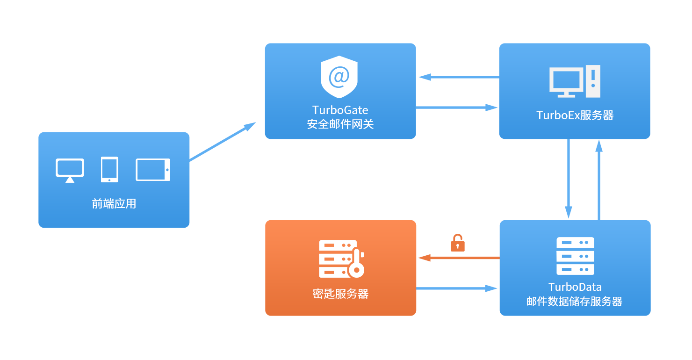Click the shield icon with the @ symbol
coord(339,76)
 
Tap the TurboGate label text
coord(340,110)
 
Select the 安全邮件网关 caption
coord(340,124)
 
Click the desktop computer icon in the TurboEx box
coord(575,81)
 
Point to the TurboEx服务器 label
coord(575,115)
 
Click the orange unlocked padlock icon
coord(457,243)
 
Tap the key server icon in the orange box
coord(341,259)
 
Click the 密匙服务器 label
coord(340,294)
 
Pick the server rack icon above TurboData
coord(575,256)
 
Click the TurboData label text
coord(575,287)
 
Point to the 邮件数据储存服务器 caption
coord(575,302)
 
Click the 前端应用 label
coord(114,204)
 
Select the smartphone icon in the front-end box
coord(109,169)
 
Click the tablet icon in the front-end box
coord(153,170)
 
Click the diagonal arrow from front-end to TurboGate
coord(223,142)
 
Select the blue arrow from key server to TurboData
coord(456,288)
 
